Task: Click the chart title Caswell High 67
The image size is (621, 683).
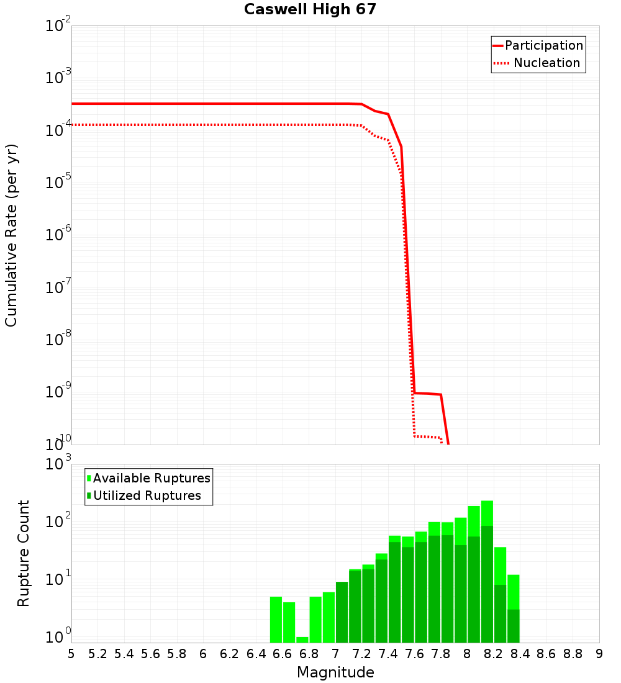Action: [x=310, y=10]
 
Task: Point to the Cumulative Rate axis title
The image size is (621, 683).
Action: [x=11, y=235]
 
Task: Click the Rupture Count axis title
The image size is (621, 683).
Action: [x=24, y=553]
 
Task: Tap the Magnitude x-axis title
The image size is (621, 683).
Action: [x=335, y=672]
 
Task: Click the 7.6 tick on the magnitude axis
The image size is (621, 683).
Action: [x=414, y=653]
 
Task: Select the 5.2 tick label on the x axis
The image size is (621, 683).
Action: [x=98, y=653]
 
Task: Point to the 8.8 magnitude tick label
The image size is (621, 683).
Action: [x=573, y=653]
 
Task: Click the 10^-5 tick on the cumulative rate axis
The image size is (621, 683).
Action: [x=57, y=184]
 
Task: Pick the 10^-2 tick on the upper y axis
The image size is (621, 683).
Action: [x=57, y=27]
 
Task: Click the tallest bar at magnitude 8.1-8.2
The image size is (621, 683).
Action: [x=487, y=571]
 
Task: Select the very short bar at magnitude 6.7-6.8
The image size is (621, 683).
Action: [x=302, y=640]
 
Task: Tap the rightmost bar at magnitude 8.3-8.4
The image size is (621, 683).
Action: [x=513, y=608]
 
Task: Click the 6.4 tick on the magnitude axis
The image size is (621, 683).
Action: [x=256, y=653]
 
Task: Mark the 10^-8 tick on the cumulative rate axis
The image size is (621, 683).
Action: [x=57, y=341]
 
